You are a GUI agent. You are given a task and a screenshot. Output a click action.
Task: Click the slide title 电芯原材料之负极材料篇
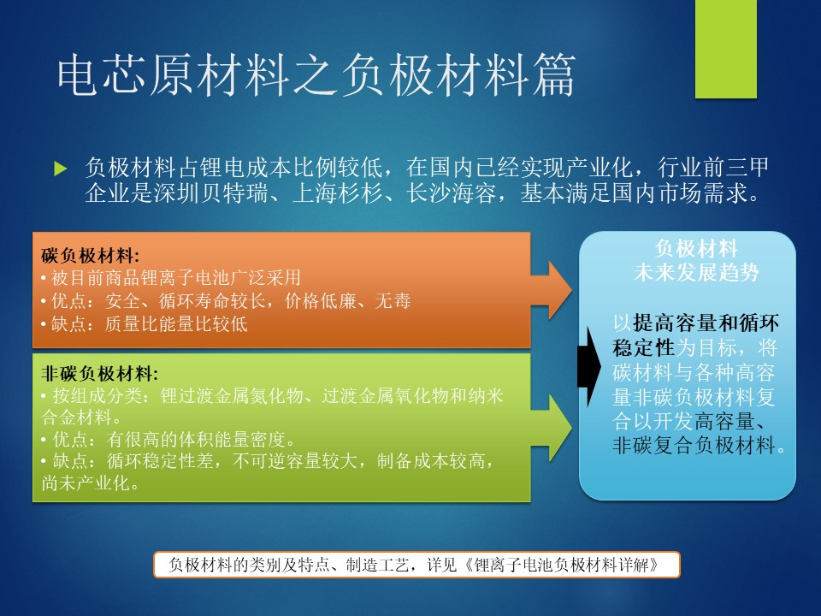316,76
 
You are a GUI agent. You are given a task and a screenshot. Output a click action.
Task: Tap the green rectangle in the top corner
726,49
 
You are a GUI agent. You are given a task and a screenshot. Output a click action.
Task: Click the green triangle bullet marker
61,169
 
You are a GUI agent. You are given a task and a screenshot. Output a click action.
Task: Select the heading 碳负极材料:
90,256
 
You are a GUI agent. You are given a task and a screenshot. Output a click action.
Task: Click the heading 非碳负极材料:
99,373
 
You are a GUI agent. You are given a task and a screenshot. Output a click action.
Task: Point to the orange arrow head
559,290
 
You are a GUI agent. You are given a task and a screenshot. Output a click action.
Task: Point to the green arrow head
559,428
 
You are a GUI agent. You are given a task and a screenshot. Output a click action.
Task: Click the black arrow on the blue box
589,367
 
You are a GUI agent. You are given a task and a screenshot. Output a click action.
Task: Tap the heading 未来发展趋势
696,272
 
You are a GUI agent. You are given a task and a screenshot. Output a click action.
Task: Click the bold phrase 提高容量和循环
706,323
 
